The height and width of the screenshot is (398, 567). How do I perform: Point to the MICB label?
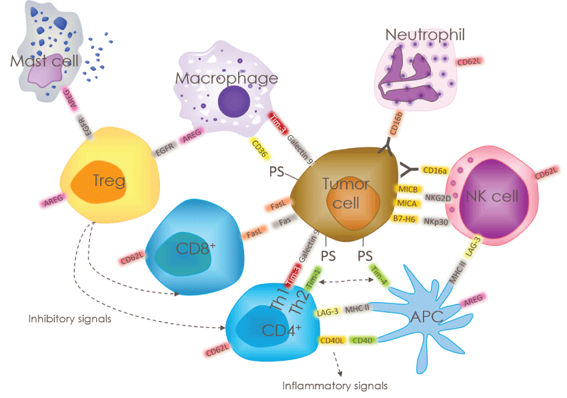click(407, 189)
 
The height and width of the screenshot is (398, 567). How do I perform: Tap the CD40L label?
click(332, 340)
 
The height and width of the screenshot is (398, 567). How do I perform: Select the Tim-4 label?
click(378, 275)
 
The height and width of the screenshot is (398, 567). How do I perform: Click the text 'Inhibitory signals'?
click(69, 319)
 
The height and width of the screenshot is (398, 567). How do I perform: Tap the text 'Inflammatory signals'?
click(334, 385)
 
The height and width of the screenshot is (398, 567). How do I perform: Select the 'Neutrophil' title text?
click(425, 34)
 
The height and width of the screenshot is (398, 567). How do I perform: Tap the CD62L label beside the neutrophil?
click(470, 62)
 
